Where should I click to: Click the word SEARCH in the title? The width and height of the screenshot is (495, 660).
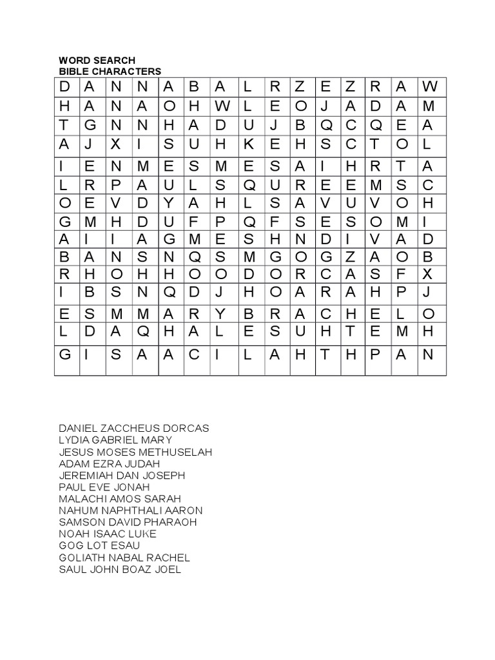(x=117, y=61)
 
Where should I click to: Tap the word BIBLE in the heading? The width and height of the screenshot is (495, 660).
(x=72, y=72)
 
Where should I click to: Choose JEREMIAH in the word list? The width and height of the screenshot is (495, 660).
(x=84, y=476)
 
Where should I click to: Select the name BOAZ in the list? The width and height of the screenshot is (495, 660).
(x=142, y=569)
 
